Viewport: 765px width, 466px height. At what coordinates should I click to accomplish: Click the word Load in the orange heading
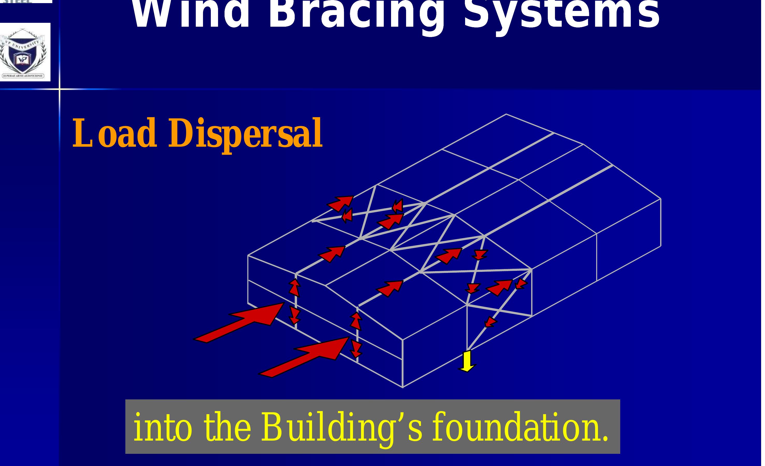[x=114, y=133]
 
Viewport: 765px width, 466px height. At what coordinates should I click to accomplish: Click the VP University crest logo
[x=23, y=52]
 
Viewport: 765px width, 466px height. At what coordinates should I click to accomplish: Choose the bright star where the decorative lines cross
[x=59, y=89]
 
